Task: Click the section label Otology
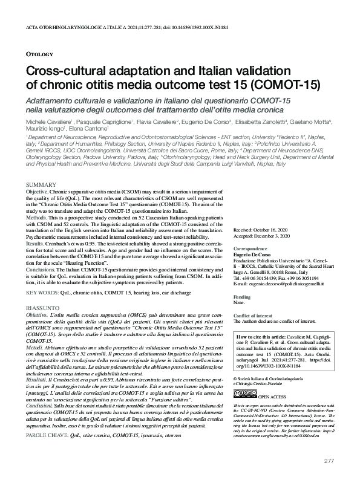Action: point(40,54)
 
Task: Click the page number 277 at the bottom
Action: point(329,461)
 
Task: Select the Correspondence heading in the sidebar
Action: point(250,248)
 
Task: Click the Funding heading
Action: point(241,298)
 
